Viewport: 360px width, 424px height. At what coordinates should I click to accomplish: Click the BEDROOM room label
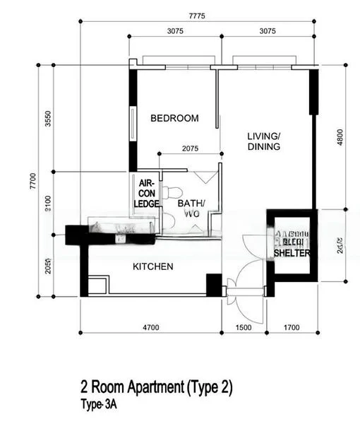click(x=174, y=119)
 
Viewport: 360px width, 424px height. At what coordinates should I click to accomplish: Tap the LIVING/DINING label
click(x=264, y=141)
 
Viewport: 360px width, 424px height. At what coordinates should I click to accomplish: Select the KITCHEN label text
click(x=153, y=266)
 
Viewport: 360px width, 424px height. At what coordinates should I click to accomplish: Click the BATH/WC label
click(x=191, y=208)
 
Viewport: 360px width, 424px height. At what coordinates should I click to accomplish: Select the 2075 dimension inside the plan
click(x=190, y=149)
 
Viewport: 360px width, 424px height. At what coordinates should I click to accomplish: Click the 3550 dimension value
click(x=49, y=118)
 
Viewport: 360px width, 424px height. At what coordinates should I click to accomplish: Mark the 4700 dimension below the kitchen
click(x=150, y=327)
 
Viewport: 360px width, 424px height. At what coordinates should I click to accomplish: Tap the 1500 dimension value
click(x=242, y=327)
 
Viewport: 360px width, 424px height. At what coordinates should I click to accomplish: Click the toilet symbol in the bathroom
click(x=168, y=192)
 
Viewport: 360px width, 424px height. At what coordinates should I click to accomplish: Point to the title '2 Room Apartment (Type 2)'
click(x=156, y=388)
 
